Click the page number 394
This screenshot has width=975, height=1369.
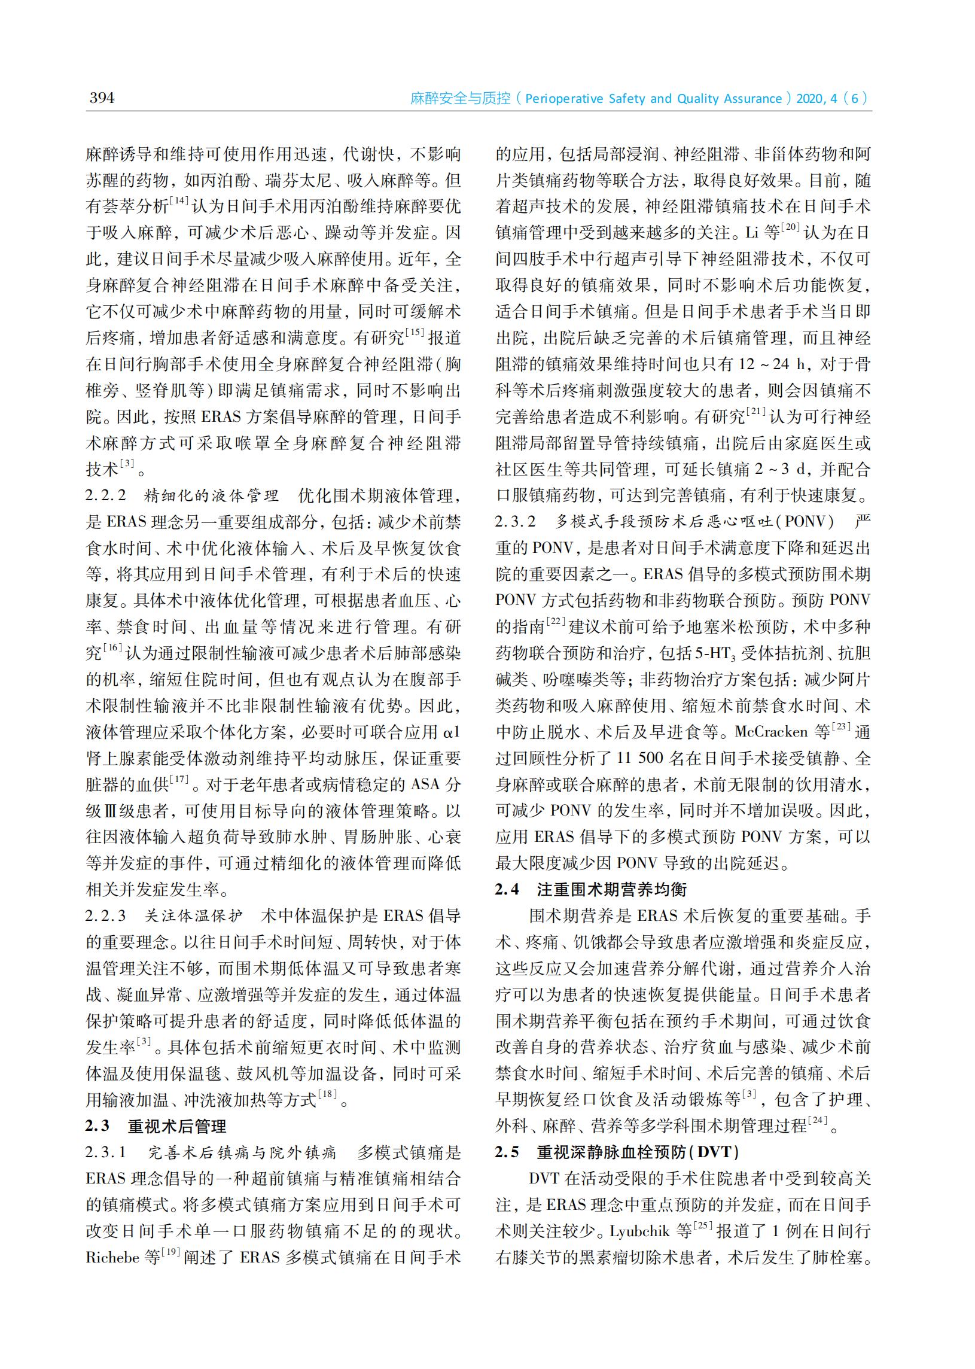click(x=102, y=98)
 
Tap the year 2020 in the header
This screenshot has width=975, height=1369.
click(x=811, y=99)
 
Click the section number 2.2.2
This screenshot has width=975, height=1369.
click(x=106, y=496)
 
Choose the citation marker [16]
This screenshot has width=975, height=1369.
click(x=113, y=649)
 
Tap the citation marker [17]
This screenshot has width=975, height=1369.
click(x=179, y=780)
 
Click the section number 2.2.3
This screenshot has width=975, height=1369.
click(x=106, y=916)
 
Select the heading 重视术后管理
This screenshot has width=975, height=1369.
click(x=177, y=1127)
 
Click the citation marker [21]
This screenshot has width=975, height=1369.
click(x=757, y=412)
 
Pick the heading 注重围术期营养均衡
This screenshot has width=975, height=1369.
click(x=612, y=890)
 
